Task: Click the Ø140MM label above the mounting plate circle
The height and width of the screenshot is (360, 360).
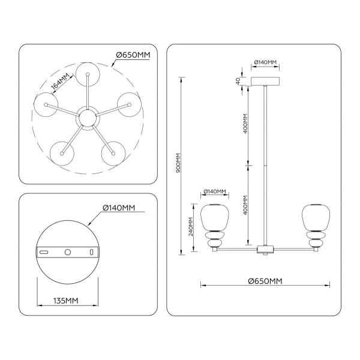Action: pos(119,208)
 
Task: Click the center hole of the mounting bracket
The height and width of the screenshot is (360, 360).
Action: pos(67,253)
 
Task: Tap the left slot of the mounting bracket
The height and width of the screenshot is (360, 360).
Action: pos(44,253)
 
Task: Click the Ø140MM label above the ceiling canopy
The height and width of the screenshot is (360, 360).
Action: pos(265,62)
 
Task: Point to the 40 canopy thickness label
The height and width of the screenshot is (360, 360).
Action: pos(238,81)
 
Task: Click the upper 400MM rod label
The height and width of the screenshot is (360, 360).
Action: pos(245,124)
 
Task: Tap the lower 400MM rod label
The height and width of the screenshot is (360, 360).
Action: pos(245,206)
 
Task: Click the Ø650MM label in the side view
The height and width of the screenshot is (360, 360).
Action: pos(265,281)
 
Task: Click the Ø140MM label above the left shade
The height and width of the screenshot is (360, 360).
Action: pos(215,192)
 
